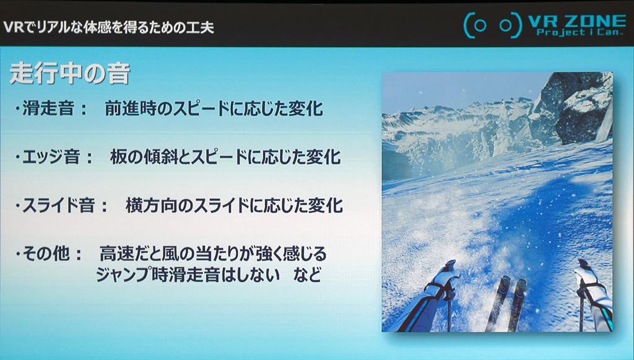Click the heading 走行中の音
(69, 73)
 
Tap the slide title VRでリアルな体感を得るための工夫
(108, 27)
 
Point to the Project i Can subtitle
(578, 32)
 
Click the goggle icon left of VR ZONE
(492, 25)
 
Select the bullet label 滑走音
(48, 108)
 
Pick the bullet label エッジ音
(51, 157)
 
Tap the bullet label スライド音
(58, 205)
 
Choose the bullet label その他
(46, 253)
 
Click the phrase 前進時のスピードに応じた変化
(214, 108)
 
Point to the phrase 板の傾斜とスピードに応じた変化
(225, 157)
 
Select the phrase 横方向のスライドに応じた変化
(234, 205)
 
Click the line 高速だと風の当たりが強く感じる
(213, 253)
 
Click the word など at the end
(308, 275)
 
